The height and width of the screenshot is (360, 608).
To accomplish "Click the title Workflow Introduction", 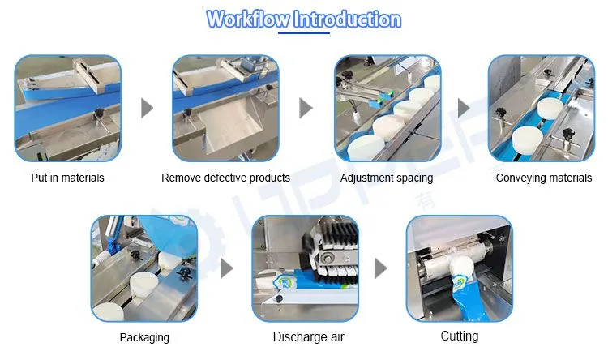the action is click(x=304, y=19).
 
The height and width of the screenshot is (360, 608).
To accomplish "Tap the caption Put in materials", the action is click(x=67, y=178).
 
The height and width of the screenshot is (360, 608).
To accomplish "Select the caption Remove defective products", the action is click(x=225, y=178).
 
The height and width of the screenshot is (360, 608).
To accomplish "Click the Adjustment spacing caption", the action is click(x=387, y=178).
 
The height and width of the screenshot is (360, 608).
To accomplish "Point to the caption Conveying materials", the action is click(x=544, y=178).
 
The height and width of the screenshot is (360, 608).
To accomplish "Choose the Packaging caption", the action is click(x=144, y=337).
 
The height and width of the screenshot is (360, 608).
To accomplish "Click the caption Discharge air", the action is click(x=309, y=336).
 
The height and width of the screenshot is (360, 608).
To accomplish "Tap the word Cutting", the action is click(x=460, y=336).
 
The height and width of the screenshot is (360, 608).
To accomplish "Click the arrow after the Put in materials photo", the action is click(x=147, y=108).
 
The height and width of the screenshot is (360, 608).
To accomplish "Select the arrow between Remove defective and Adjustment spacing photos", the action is click(x=306, y=108).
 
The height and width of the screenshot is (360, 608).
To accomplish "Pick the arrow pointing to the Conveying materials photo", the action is click(x=465, y=108).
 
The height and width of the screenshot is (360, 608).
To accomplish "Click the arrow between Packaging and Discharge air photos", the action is click(x=227, y=268).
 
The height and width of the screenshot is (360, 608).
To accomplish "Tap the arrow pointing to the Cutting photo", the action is click(x=381, y=268).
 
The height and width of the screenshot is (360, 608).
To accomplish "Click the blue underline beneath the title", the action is click(x=304, y=33).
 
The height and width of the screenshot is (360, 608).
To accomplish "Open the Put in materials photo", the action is click(x=68, y=108).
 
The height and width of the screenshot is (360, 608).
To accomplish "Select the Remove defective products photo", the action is click(x=225, y=108).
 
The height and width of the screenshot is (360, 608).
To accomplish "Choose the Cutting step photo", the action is click(x=460, y=268).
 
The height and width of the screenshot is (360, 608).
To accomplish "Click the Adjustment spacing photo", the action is click(x=387, y=108).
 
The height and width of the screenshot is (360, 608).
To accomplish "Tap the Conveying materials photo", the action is click(x=542, y=108).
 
